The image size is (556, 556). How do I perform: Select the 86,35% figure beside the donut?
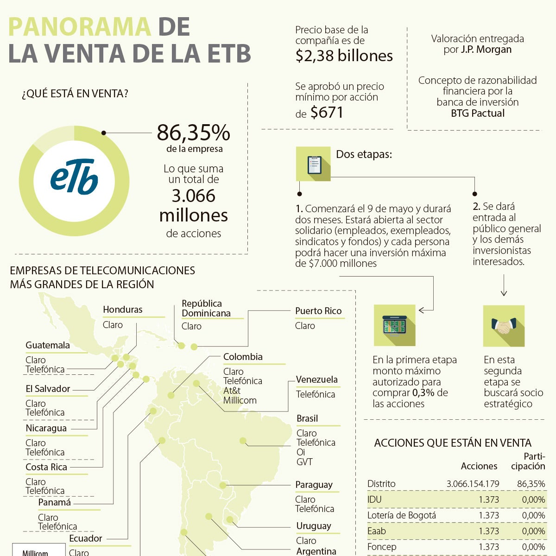(x=193, y=133)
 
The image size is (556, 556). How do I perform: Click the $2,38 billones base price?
(x=344, y=56)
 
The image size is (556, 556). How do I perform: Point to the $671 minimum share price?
(x=327, y=113)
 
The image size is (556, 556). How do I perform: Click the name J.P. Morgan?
(x=486, y=50)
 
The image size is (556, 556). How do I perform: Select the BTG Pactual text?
(x=478, y=113)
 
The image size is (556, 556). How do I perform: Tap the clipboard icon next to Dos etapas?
(x=314, y=164)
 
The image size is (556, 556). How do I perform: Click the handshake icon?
(x=504, y=326)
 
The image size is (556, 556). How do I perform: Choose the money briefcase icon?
(x=394, y=325)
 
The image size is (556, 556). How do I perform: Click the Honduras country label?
(x=123, y=310)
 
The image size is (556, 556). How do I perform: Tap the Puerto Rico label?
(x=318, y=311)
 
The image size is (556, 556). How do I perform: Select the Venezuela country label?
(x=317, y=379)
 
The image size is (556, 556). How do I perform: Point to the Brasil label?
(x=307, y=418)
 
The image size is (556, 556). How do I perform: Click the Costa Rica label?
(x=46, y=467)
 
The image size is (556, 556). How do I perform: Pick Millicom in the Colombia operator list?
(x=240, y=400)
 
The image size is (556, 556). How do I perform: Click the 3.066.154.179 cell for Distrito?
(x=473, y=484)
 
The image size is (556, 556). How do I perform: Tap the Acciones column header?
(x=479, y=466)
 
